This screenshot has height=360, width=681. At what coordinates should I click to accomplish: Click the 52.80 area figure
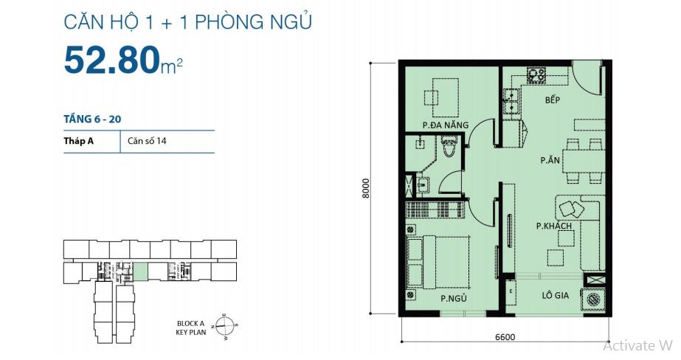110,60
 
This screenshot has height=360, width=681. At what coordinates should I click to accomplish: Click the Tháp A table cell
77,141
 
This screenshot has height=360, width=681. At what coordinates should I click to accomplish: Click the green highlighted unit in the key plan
140,271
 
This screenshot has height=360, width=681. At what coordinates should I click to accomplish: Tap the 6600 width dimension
505,338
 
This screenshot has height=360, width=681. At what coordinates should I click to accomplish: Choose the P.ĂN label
549,159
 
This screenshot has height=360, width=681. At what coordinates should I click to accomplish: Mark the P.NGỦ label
452,299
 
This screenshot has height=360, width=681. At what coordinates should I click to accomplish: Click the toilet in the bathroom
449,151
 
